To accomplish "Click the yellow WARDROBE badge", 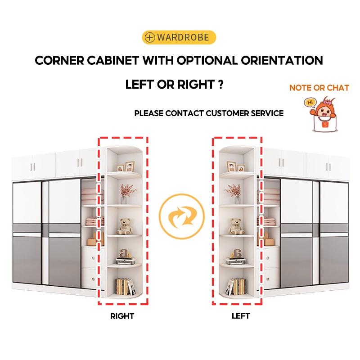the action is [x=179, y=37].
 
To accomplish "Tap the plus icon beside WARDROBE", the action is [x=150, y=37].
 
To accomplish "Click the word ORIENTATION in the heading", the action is [x=282, y=60].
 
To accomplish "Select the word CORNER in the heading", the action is [x=59, y=61].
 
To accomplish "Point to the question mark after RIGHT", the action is [x=220, y=84].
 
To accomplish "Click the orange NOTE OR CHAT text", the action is [x=319, y=88].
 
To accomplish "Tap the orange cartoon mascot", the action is [x=324, y=114].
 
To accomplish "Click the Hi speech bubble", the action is [x=310, y=103].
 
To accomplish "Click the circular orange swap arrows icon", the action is [x=181, y=217].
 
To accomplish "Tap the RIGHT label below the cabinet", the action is [x=122, y=316].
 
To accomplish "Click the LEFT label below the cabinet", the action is [x=240, y=316].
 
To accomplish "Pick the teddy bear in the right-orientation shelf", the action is [x=124, y=226].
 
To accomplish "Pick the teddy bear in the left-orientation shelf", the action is [x=236, y=226].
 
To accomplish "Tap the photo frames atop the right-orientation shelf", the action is [x=126, y=166].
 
